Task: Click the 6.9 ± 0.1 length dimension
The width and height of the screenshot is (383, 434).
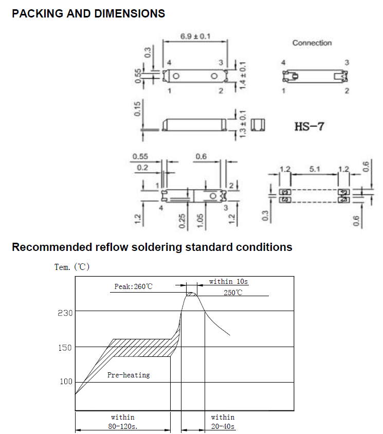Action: point(195,37)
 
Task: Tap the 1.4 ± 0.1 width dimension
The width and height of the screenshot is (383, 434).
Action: point(243,75)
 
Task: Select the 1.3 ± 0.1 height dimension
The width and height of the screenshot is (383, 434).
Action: point(243,124)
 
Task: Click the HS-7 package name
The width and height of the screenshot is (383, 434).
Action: point(309,126)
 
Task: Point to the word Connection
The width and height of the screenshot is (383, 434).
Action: point(312,43)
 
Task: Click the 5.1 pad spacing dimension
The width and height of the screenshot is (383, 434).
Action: point(315,169)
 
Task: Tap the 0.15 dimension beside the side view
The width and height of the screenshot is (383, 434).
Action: point(137,109)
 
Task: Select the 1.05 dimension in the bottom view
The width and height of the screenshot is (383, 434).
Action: point(200,221)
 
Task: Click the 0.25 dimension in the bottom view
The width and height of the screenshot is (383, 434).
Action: point(182,221)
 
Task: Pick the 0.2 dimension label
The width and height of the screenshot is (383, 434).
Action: point(142,168)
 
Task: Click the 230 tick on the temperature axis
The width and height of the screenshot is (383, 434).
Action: point(65,313)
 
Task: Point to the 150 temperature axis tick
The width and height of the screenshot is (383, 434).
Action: point(65,348)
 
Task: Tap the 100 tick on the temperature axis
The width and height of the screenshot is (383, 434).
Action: point(66,382)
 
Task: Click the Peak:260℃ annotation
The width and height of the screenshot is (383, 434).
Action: point(133,286)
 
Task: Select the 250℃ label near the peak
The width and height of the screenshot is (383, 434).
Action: point(233,293)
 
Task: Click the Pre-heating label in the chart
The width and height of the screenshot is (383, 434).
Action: point(129,375)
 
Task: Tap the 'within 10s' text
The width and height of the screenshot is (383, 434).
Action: point(228,281)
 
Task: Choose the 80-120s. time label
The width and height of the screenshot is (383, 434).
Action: point(123,426)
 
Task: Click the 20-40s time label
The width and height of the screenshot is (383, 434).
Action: point(223,426)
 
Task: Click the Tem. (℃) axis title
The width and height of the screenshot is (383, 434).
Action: point(72,267)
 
